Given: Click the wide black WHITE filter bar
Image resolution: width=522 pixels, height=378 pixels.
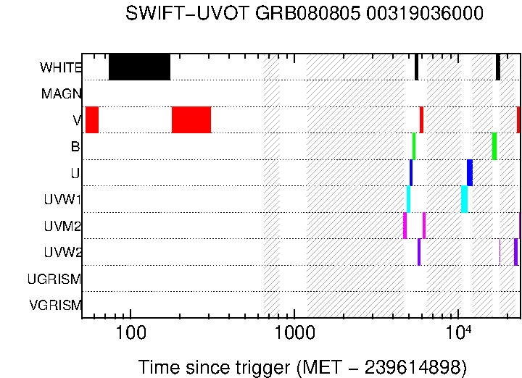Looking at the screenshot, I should click(139, 67).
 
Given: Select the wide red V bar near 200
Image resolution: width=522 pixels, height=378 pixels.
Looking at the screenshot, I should click(191, 119).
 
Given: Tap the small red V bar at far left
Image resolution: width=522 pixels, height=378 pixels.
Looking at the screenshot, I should click(92, 119).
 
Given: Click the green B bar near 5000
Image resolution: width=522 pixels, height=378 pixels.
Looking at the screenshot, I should click(414, 146).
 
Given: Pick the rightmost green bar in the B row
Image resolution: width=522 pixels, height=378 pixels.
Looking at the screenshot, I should click(494, 146).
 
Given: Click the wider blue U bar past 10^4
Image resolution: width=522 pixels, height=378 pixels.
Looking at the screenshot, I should click(470, 172).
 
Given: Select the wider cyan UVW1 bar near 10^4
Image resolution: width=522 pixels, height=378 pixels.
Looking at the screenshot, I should click(464, 198).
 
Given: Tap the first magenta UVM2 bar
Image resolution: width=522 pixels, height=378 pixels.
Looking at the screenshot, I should click(405, 225).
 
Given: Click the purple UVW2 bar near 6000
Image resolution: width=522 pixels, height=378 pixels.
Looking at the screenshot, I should click(419, 251).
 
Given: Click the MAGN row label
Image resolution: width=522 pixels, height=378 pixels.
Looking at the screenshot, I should click(61, 93).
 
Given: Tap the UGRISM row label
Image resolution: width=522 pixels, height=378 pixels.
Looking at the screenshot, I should click(54, 279).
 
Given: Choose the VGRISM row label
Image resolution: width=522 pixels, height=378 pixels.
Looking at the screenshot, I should click(55, 305).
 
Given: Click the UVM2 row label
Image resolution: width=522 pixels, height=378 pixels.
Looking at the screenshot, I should click(62, 226).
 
